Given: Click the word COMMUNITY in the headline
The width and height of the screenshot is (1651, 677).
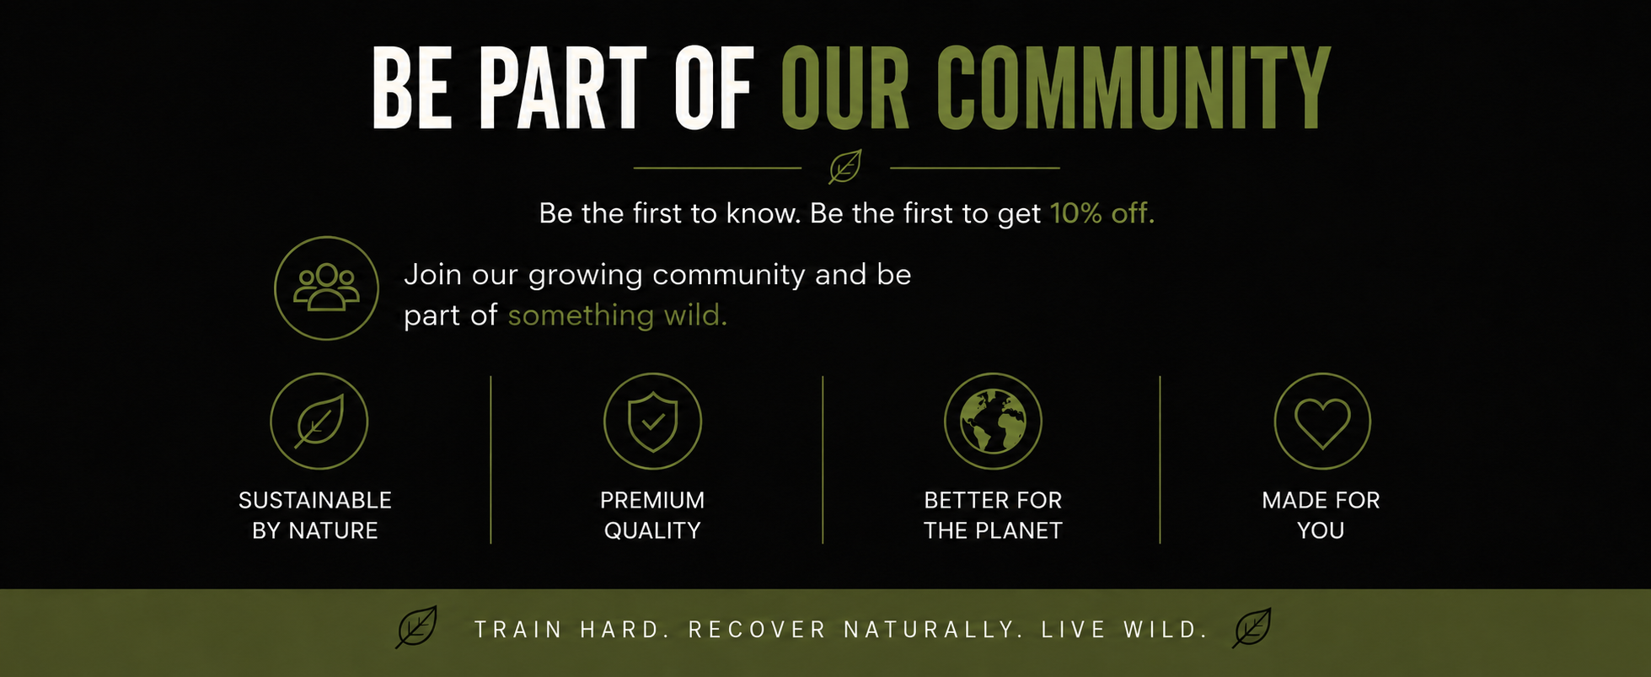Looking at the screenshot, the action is [x=1134, y=88].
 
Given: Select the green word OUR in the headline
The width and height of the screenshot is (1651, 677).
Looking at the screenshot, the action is [x=845, y=88].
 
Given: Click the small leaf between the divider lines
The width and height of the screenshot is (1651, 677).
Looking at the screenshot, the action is [x=845, y=167].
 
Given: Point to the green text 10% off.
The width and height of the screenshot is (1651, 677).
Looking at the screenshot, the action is [x=1102, y=213].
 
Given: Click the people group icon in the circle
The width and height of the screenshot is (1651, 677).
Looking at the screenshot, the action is [x=326, y=287].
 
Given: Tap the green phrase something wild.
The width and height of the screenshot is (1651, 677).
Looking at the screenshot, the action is [x=618, y=315].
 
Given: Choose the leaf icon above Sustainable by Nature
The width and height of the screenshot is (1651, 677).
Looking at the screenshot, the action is [x=319, y=421].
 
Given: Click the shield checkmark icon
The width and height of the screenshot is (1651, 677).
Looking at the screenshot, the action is [x=652, y=422].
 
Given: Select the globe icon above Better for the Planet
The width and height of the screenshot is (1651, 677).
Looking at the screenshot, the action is [x=993, y=421].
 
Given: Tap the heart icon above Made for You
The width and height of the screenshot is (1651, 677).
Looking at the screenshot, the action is [x=1322, y=422].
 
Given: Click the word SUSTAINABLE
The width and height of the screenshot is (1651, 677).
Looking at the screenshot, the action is [x=315, y=501].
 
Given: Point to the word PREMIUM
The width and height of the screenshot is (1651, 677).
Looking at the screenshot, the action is [x=652, y=501].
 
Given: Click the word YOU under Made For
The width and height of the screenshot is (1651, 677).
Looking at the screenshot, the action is [x=1321, y=531].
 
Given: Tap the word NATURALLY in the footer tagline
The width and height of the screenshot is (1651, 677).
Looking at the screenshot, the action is [x=934, y=630].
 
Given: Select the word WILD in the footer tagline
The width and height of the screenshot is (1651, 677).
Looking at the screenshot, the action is [x=1166, y=630].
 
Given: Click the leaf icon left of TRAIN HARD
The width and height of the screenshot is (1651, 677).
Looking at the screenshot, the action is [x=417, y=627].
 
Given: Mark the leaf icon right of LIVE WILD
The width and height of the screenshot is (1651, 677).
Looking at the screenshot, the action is [x=1252, y=627].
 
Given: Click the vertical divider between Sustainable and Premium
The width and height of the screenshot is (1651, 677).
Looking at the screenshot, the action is [x=490, y=459].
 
